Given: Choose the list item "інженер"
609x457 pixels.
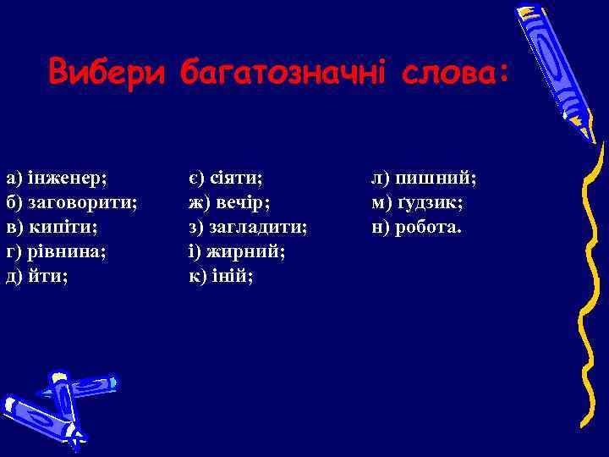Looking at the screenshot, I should pos(68,179).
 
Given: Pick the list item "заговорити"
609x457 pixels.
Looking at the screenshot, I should pos(83,203).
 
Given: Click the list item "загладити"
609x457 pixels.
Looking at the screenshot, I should pos(260,228).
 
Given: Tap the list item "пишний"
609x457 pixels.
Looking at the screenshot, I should pos(436,179).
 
